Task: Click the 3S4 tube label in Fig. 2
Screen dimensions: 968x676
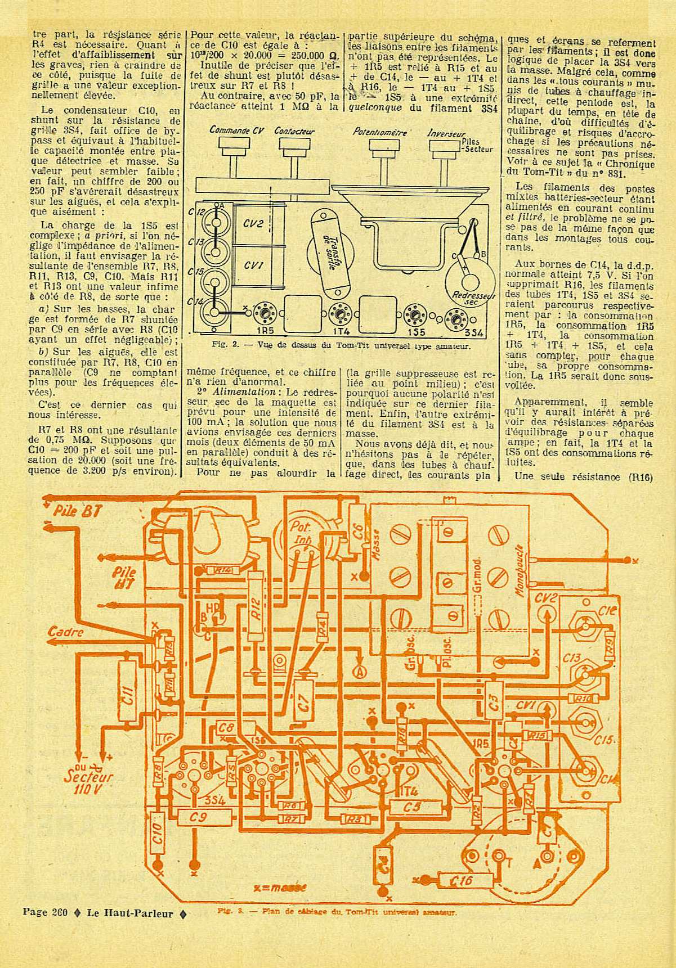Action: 476,333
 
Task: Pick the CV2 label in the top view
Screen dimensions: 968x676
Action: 253,223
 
